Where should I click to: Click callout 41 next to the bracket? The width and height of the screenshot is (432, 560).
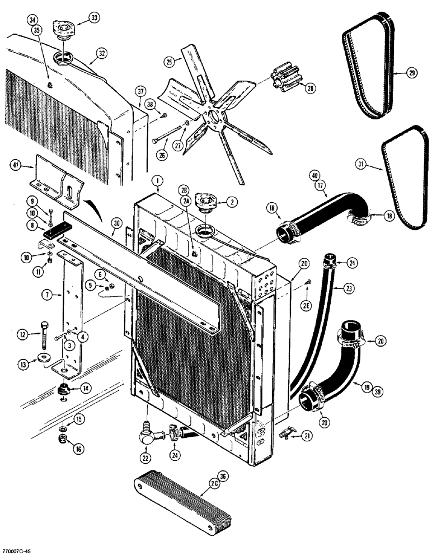tap(15, 165)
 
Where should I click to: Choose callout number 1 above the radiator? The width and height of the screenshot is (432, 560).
tap(158, 181)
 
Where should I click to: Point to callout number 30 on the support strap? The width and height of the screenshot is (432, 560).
tap(116, 222)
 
